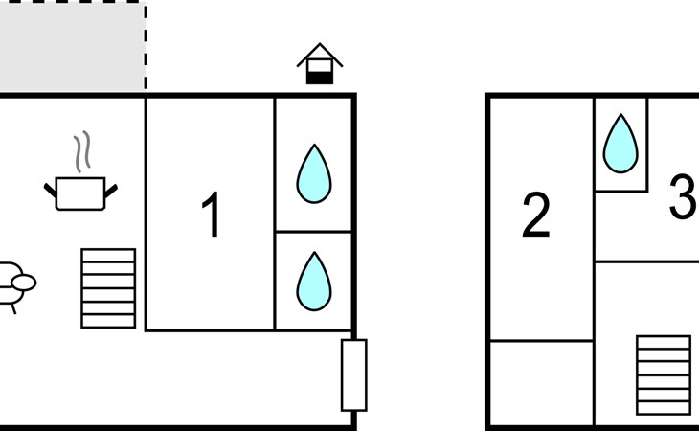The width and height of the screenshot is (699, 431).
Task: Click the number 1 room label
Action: click(x=212, y=214)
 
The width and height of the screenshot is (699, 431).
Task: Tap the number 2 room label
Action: click(x=536, y=215)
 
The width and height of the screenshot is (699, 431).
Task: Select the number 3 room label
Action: click(x=684, y=196)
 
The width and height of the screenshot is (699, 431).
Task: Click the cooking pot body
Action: click(x=80, y=193)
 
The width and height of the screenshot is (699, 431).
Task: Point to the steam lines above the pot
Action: click(x=82, y=151)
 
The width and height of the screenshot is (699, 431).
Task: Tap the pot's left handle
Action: click(x=51, y=191)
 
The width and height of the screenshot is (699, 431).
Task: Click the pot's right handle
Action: click(x=111, y=191)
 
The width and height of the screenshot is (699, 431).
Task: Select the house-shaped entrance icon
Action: click(x=320, y=63)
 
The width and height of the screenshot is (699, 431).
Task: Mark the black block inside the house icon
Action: click(x=320, y=78)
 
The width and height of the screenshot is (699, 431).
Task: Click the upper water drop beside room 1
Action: click(x=314, y=173)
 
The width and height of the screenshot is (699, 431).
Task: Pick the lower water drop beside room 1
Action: click(x=314, y=282)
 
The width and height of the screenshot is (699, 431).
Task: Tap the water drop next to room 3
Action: click(x=620, y=144)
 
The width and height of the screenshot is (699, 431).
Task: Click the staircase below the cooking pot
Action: click(x=108, y=288)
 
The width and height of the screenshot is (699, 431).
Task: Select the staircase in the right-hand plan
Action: click(x=664, y=375)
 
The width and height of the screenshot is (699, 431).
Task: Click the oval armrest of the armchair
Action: click(x=24, y=283)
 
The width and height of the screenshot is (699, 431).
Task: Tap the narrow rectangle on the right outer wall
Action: click(x=354, y=374)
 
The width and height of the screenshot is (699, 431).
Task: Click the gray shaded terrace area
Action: click(x=72, y=46)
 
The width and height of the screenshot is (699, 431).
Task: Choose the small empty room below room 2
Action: click(x=542, y=383)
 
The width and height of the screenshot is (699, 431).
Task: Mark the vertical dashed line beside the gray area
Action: click(x=146, y=46)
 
